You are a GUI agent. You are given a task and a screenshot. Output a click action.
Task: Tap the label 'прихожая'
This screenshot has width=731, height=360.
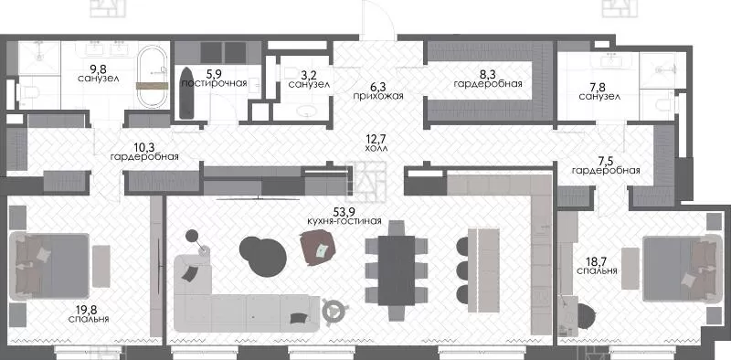click(377, 96)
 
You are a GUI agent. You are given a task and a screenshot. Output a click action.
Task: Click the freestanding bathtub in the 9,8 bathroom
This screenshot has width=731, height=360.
click(152, 78)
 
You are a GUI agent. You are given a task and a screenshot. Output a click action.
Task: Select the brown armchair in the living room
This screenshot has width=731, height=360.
click(319, 249)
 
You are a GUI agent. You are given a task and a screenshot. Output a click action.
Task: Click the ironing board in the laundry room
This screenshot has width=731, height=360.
click(186, 93)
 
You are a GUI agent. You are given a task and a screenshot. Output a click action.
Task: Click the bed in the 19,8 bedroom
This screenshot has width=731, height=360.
click(48, 266)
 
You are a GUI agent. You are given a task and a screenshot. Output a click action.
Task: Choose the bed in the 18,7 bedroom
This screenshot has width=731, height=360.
click(683, 269)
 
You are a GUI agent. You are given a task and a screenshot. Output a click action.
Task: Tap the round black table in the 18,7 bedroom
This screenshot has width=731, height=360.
click(587, 317)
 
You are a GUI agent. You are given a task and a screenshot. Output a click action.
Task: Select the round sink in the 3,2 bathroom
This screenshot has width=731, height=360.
click(308, 111)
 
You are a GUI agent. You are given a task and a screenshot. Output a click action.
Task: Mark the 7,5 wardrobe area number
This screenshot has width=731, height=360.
click(606, 161)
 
